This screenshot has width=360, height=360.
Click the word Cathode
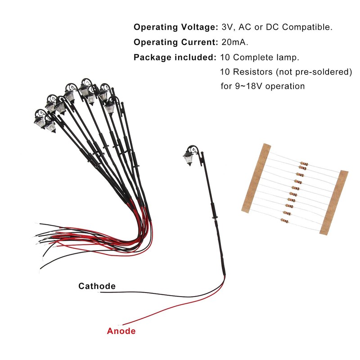(97, 286)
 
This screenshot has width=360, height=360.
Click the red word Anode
(121, 331)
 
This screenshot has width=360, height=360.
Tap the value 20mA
(235, 42)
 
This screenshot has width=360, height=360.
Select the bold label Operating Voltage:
(176, 27)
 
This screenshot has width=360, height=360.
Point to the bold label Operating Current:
(176, 42)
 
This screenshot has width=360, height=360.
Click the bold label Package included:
(175, 58)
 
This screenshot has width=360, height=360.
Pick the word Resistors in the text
(253, 72)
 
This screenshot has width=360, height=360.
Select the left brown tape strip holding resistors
(256, 178)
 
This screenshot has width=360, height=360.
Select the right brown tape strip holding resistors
(334, 202)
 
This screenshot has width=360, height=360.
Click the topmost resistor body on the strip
(304, 164)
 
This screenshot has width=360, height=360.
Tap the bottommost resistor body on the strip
(285, 221)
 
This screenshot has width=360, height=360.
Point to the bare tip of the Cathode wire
(99, 292)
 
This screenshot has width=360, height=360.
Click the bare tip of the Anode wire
(120, 325)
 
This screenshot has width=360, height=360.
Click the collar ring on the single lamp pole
(215, 217)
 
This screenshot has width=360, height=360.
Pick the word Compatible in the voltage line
(307, 27)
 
